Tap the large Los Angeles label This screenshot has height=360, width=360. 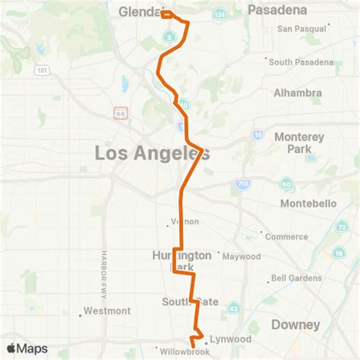pos(152,153)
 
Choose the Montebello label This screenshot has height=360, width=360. pos(308,204)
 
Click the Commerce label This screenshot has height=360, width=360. pos(286,237)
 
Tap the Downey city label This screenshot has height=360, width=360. pos(295,324)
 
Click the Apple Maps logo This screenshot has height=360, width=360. pos(27,349)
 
